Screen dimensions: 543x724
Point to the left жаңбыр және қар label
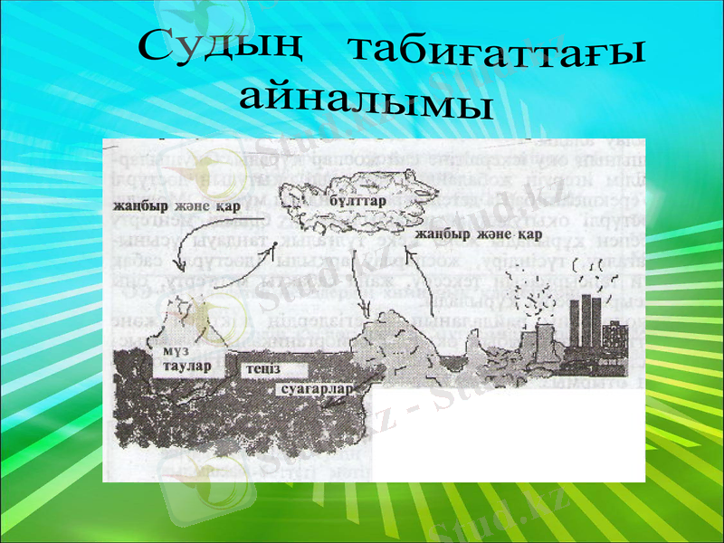(x=166, y=206)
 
